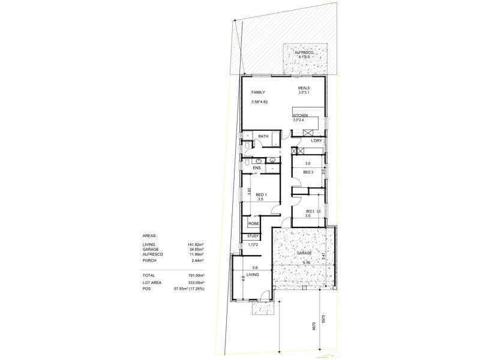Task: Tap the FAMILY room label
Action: tap(258, 92)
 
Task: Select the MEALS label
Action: tap(304, 88)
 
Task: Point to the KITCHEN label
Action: tap(301, 115)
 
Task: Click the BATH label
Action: tap(263, 137)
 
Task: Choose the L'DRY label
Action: tap(317, 140)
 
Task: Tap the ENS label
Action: tap(256, 168)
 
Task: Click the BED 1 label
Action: tap(261, 195)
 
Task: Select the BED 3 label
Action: tap(308, 172)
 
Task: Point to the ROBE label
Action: tap(253, 224)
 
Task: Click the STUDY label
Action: tap(253, 236)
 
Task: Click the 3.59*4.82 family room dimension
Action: tap(259, 102)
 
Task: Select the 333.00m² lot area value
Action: tap(196, 283)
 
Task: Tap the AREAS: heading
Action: tap(150, 236)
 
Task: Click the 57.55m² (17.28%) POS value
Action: tap(190, 289)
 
